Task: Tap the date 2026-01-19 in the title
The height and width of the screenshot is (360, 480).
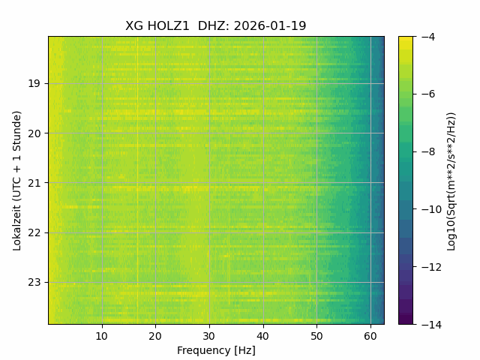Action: pyautogui.click(x=270, y=25)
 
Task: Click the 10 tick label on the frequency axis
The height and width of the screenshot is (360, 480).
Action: pyautogui.click(x=102, y=335)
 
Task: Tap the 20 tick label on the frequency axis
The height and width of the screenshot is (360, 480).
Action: pyautogui.click(x=155, y=335)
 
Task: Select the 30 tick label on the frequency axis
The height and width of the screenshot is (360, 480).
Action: pyautogui.click(x=209, y=335)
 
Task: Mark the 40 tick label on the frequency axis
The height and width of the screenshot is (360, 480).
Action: pyautogui.click(x=262, y=335)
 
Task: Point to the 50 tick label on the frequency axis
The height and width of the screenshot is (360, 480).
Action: pyautogui.click(x=316, y=335)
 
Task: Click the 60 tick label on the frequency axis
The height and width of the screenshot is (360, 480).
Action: pyautogui.click(x=370, y=335)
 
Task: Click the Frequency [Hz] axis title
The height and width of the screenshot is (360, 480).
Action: pyautogui.click(x=216, y=350)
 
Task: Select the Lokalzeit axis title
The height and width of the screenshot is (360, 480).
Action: pyautogui.click(x=17, y=180)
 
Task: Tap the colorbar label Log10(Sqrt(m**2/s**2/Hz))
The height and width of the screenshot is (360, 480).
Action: pyautogui.click(x=451, y=181)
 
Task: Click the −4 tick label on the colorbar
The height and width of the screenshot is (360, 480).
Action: pyautogui.click(x=426, y=37)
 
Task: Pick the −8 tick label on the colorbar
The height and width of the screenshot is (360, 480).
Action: pyautogui.click(x=426, y=151)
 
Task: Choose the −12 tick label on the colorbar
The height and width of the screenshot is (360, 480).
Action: pyautogui.click(x=428, y=267)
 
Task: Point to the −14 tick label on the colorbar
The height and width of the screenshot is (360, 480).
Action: pyautogui.click(x=428, y=324)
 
